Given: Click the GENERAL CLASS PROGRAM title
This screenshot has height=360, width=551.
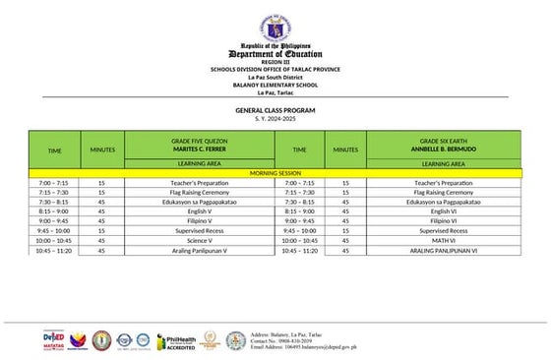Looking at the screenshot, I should coord(275,110).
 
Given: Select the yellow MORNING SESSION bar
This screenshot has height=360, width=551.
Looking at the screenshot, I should coord(275,173).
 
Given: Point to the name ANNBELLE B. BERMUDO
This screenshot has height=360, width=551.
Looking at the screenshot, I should coord(443,149).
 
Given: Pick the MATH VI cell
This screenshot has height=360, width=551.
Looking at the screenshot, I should coord(443,240).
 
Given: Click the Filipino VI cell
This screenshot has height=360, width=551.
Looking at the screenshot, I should coord(443,221).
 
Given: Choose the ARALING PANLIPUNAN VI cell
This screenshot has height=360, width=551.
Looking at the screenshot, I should coord(443,250).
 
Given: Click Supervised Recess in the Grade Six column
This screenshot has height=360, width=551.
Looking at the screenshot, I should coord(443,230).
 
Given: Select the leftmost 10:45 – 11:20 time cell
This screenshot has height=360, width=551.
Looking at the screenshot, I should coord(54,250).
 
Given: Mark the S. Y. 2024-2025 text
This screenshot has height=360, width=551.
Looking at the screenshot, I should coord(275,119).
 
